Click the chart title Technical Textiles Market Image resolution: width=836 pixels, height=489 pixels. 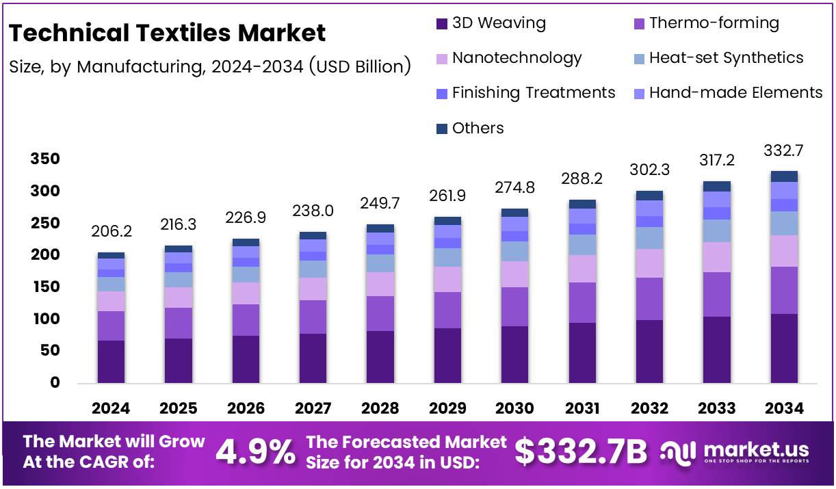coord(167,33)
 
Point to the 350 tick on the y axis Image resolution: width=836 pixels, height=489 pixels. coord(45,159)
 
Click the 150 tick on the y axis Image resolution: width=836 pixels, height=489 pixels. coord(45,287)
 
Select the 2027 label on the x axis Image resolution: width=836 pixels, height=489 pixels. coord(313,409)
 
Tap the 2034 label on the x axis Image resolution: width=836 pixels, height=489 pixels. coord(784,409)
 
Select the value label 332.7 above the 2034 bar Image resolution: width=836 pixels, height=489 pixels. coord(784,151)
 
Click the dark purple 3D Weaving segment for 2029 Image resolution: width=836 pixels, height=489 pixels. coord(447,356)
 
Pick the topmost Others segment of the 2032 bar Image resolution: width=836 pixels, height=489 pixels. coord(649,196)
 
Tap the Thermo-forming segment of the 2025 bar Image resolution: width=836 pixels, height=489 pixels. coord(178,323)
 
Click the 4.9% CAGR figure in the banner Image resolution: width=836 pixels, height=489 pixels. coord(256,452)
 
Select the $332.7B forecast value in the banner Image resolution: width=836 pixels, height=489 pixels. coord(580,452)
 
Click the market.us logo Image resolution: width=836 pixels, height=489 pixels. coord(735,452)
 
